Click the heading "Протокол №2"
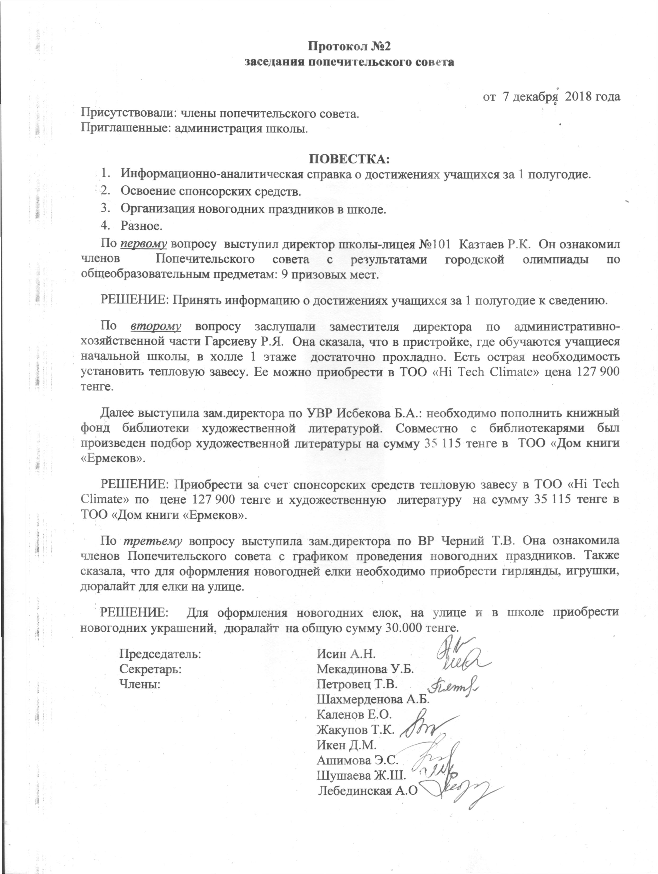click(x=349, y=46)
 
